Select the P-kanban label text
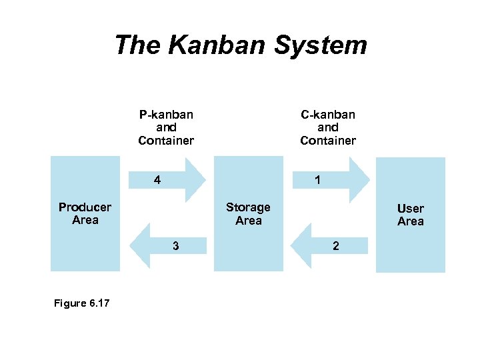point(166,114)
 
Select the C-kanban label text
point(328,114)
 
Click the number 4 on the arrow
point(157,180)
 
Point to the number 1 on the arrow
point(318,180)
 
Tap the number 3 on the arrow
point(175,245)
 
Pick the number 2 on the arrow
point(336,246)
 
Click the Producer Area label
point(85,213)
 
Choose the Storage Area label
point(248,214)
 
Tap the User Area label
point(411,215)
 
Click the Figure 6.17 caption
point(82,303)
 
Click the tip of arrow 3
point(130,245)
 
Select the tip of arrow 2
point(293,246)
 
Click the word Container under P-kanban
point(166,141)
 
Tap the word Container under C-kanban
point(328,141)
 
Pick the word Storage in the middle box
point(248,207)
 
